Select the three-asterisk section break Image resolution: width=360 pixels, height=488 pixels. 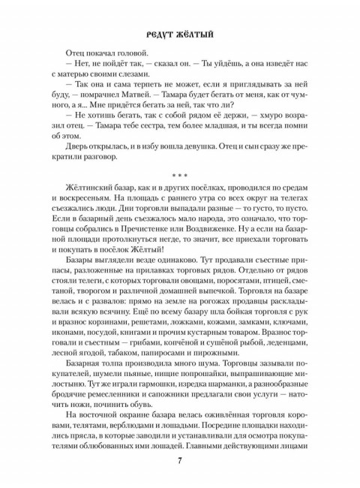point(180,175)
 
